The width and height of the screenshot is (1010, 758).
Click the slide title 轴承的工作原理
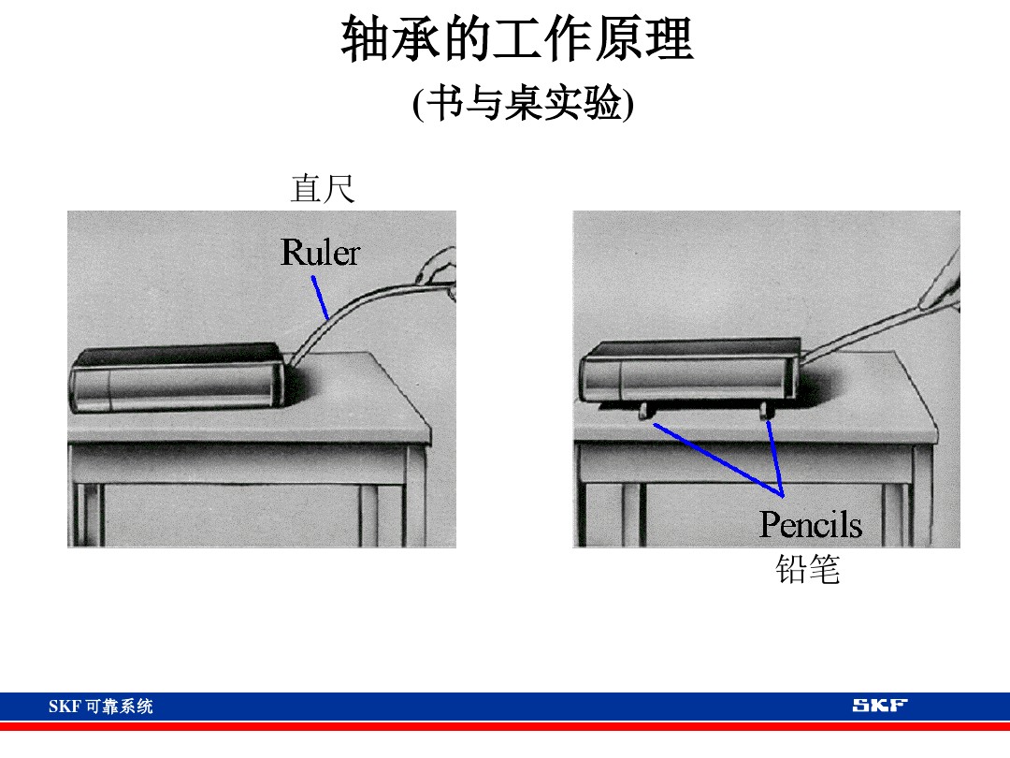517,40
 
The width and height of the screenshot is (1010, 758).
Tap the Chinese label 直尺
322,190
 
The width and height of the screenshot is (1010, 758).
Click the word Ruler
320,253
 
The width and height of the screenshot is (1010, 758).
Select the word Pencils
810,524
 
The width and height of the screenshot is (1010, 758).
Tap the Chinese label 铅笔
808,569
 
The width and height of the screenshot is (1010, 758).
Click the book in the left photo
178,378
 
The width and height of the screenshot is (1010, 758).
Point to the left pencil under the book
644,411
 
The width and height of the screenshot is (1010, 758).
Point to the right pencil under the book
767,410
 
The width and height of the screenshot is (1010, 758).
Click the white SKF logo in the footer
879,706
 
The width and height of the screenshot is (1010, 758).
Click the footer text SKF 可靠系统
101,707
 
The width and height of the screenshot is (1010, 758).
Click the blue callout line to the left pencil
715,459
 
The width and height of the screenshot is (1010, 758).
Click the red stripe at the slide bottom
505,726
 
